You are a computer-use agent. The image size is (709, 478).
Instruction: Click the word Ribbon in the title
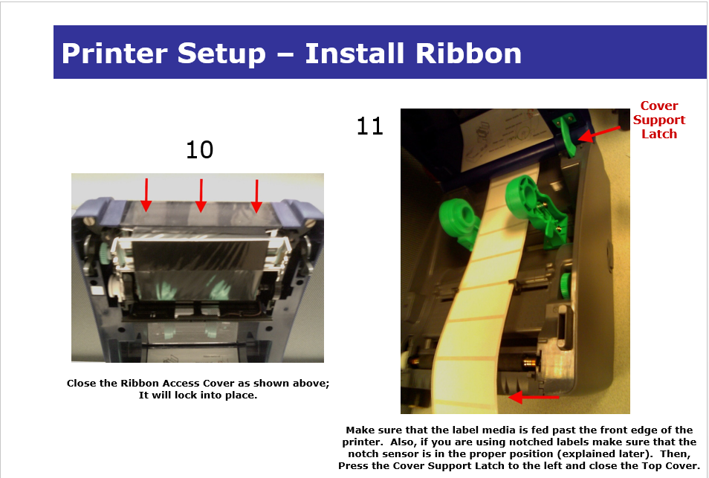[x=468, y=54]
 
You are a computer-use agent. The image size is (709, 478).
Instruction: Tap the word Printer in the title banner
[x=114, y=54]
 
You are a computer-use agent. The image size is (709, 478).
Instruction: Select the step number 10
[x=199, y=149]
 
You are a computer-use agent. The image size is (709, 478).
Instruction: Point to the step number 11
[x=370, y=126]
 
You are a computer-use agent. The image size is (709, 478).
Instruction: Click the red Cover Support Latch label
[x=658, y=120]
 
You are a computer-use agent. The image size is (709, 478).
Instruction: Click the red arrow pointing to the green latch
[x=599, y=135]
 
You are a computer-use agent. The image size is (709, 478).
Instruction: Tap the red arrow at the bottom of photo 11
[x=534, y=398]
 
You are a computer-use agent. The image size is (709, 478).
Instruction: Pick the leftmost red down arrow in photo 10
[x=146, y=195]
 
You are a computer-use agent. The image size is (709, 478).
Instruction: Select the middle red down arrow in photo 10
[x=201, y=196]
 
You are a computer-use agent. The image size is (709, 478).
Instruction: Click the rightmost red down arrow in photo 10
[x=256, y=196]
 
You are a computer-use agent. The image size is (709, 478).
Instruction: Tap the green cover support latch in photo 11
[x=566, y=135]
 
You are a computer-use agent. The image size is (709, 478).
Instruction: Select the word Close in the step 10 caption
[x=82, y=383]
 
